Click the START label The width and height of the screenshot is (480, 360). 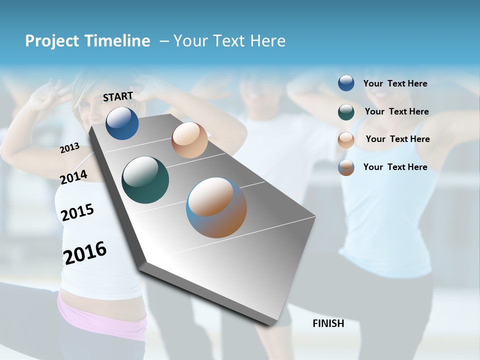118,96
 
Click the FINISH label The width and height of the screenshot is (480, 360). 328,323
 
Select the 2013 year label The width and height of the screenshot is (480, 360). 70,148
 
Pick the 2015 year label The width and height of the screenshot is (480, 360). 77,212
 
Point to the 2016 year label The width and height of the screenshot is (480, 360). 85,252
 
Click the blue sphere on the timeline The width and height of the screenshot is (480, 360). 122,123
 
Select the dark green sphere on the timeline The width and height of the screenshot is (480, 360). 145,180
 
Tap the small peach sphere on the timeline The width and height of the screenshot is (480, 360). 189,140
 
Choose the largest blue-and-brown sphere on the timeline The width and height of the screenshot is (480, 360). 216,207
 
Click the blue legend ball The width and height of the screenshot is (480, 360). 346,83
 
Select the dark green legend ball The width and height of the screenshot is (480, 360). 346,111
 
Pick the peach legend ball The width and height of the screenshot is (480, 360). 346,140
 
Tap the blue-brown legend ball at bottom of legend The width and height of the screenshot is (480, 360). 346,167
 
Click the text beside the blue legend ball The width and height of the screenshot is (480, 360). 395,83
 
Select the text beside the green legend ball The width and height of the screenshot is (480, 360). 396,111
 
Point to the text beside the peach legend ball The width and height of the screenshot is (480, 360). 397,139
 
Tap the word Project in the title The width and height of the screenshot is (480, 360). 52,41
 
